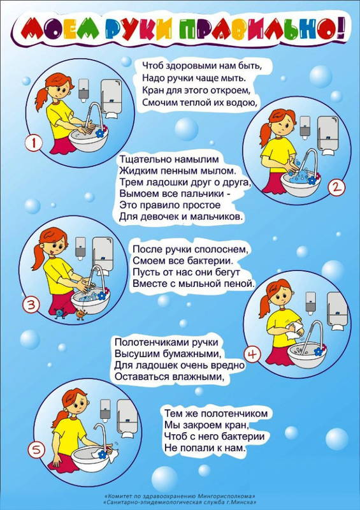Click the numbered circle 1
point(34,143)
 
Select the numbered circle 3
point(31,305)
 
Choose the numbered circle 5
point(36,451)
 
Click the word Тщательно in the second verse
point(145,160)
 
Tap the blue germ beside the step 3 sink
point(60,312)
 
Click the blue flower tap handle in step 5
point(103,453)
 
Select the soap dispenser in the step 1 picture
point(83,90)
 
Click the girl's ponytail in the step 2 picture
point(265,134)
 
